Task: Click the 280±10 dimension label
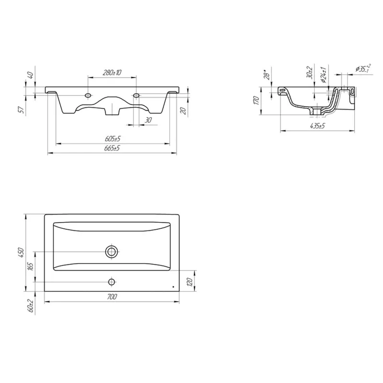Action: pos(112,73)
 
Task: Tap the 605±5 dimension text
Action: pos(113,139)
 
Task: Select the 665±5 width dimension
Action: pos(112,148)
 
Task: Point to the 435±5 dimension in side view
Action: pos(317,126)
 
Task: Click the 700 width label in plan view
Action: pos(112,297)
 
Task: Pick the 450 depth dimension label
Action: pos(21,253)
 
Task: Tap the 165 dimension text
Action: pos(30,267)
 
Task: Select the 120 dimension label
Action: pos(190,282)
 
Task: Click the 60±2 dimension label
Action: pos(31,305)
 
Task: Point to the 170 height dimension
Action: pos(256,100)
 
